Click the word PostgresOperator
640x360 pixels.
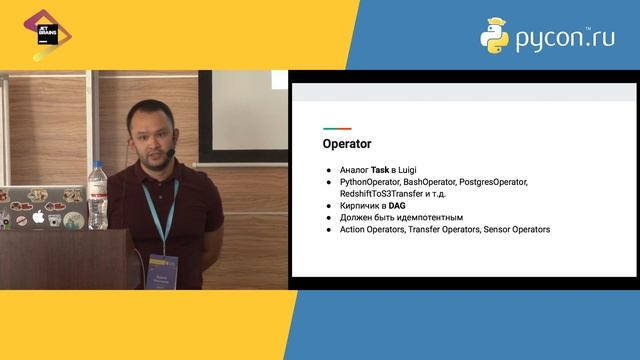tap(493, 182)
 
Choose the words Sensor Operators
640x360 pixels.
tap(516, 229)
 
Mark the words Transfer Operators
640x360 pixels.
tap(437, 229)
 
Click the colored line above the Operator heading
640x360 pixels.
tap(336, 129)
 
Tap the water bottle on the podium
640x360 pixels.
tap(97, 196)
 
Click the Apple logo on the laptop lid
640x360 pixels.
tap(38, 216)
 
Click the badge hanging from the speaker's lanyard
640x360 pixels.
tap(163, 270)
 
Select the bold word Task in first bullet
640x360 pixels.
tap(380, 170)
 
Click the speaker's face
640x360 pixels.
tap(152, 135)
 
